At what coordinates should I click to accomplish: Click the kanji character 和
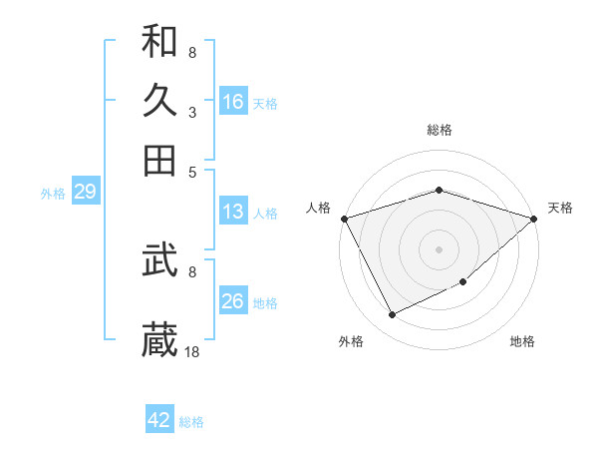point(159,42)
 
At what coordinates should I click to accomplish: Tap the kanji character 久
point(159,100)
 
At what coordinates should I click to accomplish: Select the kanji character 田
point(159,160)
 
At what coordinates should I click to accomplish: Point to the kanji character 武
point(159,260)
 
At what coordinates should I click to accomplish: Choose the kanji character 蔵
point(159,339)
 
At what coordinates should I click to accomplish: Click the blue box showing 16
point(233,102)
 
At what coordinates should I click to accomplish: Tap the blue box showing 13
point(233,212)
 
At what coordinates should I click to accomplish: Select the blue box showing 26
point(233,301)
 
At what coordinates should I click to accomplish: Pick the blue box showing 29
point(85,193)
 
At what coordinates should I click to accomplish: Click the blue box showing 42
point(159,420)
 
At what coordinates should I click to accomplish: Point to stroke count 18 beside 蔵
point(193,351)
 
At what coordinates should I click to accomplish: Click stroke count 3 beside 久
point(191,113)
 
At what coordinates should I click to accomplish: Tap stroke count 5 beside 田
point(191,171)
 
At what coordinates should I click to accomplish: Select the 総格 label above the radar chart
point(440,131)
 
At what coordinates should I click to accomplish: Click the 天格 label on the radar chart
point(560,208)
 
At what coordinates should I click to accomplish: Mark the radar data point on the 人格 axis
point(344,219)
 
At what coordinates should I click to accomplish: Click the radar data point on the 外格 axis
point(392,315)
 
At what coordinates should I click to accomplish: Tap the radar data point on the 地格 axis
point(464,284)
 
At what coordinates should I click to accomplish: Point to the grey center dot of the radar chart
point(440,249)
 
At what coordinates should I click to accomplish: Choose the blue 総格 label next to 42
point(191,422)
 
